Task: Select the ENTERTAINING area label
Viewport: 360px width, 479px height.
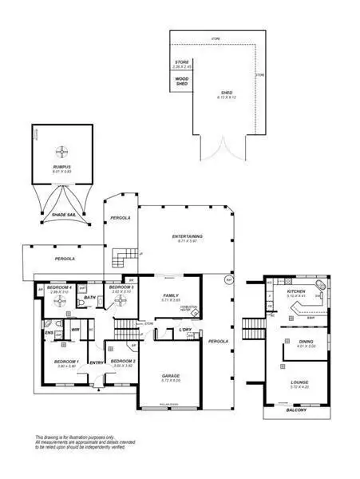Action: pyautogui.click(x=187, y=236)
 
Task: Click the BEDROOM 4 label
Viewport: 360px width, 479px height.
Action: pyautogui.click(x=61, y=287)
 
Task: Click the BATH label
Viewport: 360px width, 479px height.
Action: pyautogui.click(x=89, y=298)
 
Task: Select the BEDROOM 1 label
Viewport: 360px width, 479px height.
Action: pyautogui.click(x=66, y=362)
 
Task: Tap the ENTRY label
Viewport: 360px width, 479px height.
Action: pyautogui.click(x=97, y=363)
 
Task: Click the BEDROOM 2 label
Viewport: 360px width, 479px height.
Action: pyautogui.click(x=122, y=362)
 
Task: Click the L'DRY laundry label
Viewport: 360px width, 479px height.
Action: pyautogui.click(x=186, y=329)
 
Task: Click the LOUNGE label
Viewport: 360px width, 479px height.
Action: pyautogui.click(x=299, y=382)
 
